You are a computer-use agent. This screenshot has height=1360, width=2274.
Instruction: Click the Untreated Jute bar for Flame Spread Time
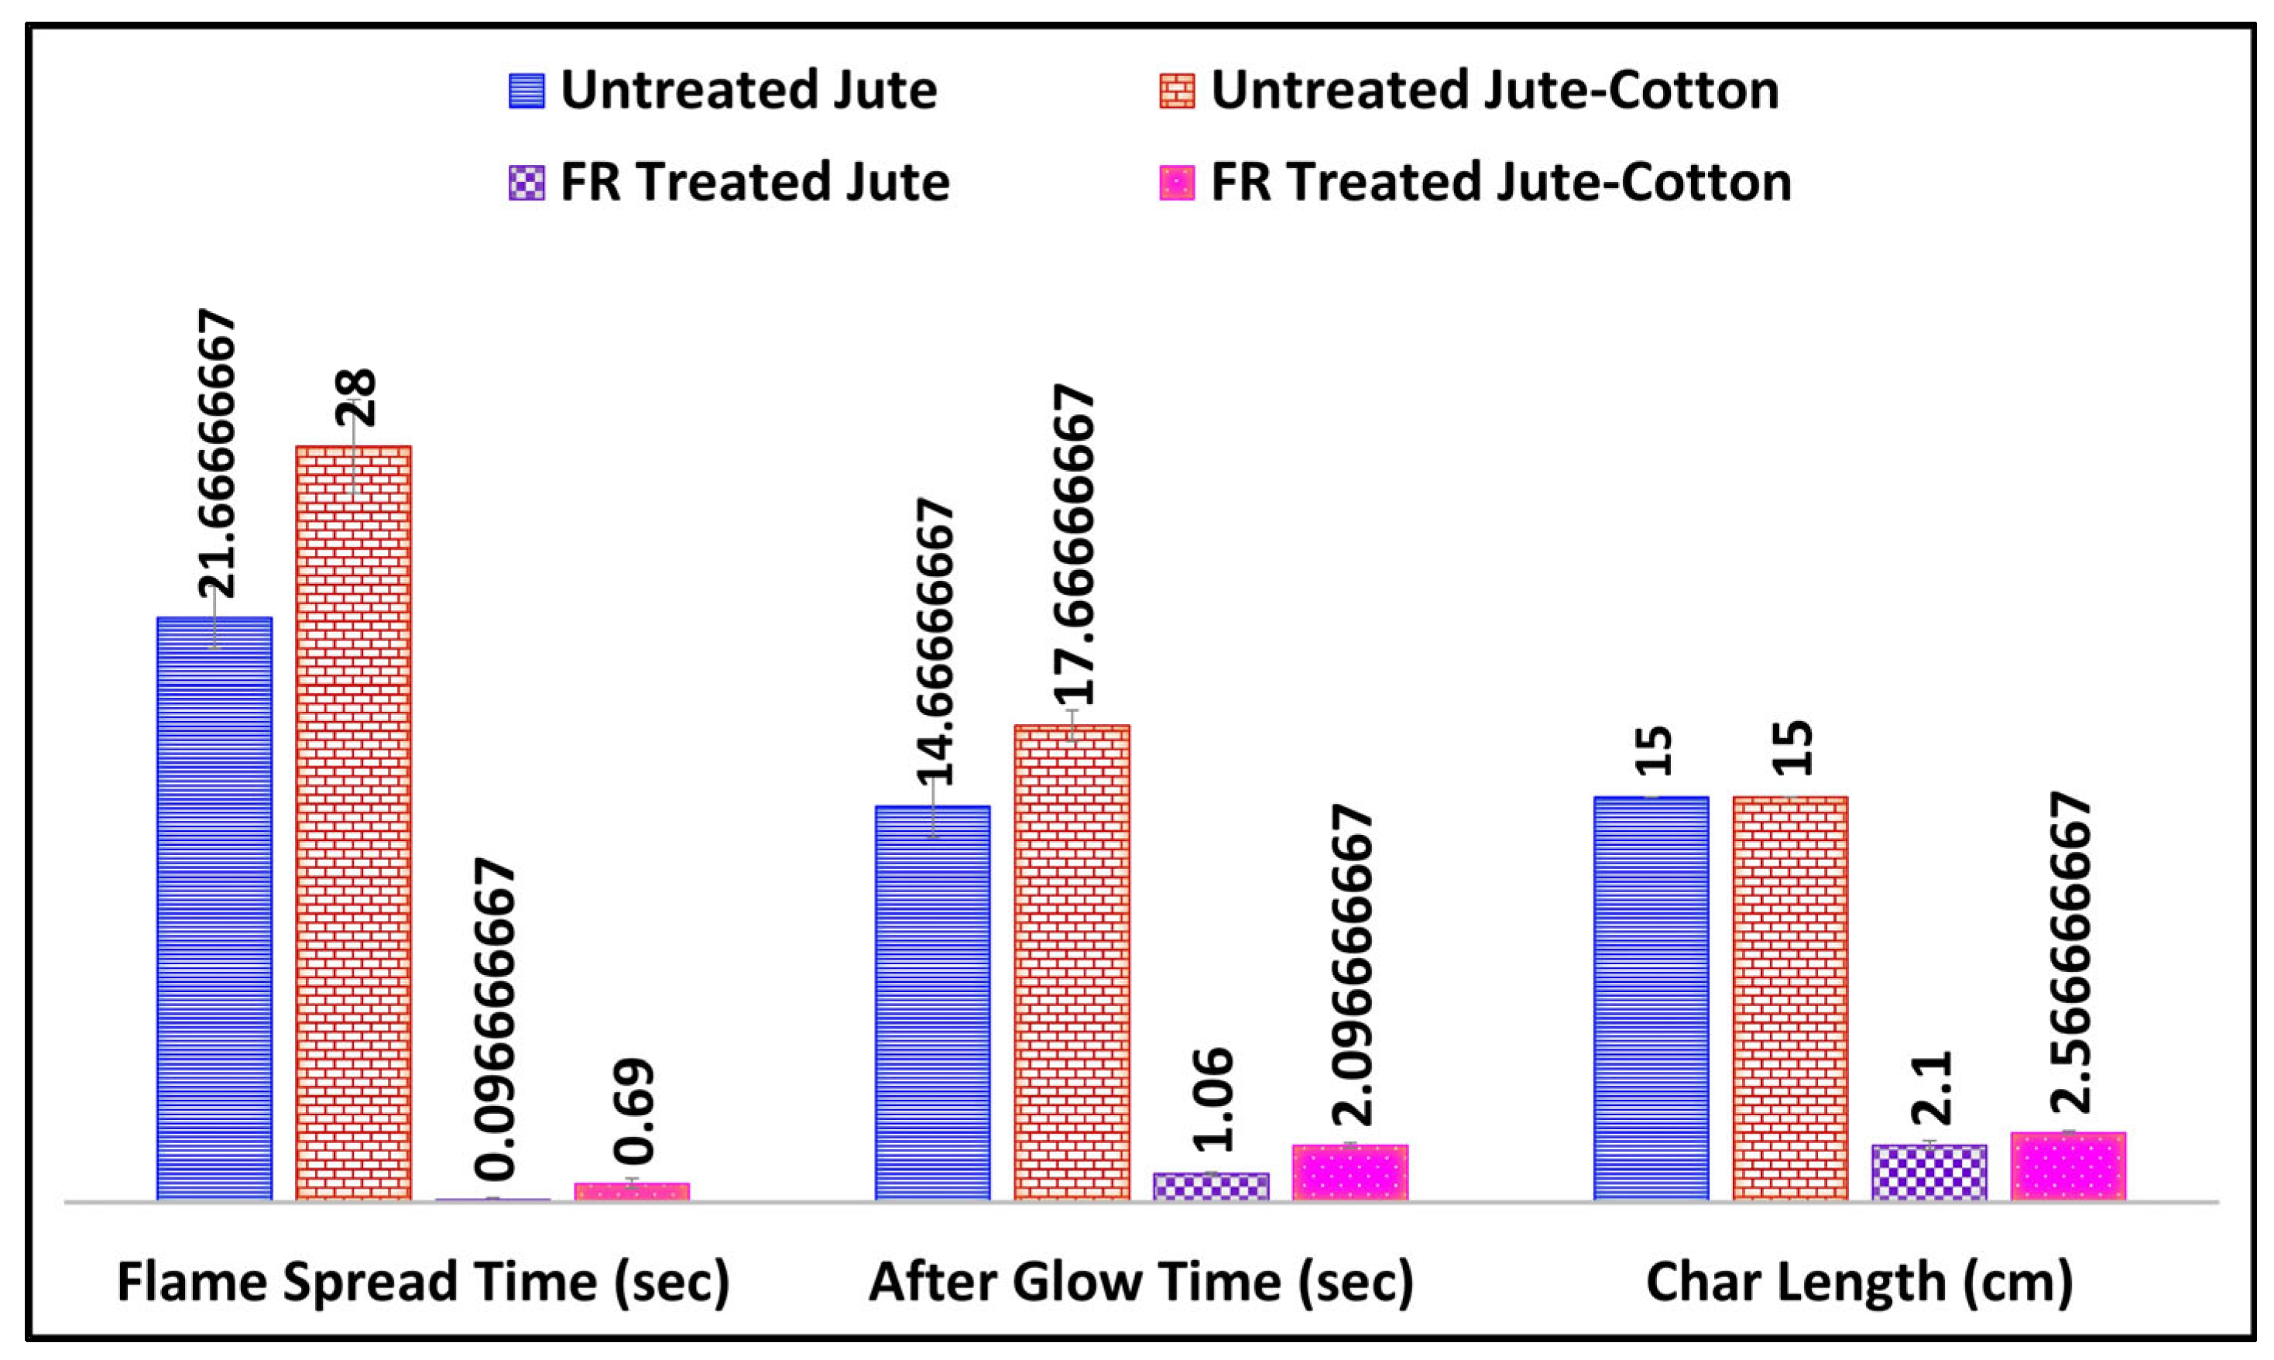(x=214, y=907)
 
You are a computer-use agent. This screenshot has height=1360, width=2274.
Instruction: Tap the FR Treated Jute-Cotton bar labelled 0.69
(x=631, y=1190)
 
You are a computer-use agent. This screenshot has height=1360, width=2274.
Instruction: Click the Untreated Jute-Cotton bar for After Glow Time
(x=1071, y=961)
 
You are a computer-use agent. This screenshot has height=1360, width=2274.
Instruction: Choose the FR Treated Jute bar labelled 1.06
(x=1210, y=1186)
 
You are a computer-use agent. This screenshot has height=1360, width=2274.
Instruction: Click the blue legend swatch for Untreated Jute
(x=526, y=91)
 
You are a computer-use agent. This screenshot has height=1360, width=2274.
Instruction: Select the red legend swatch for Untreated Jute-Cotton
(x=1178, y=91)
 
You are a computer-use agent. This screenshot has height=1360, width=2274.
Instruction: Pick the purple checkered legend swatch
(x=526, y=182)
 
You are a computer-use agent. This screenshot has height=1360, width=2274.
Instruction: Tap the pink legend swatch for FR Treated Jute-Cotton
(x=1178, y=182)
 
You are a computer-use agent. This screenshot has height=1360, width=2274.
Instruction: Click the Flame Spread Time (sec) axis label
(x=424, y=1281)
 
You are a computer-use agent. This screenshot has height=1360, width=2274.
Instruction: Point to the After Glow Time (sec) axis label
(x=1140, y=1281)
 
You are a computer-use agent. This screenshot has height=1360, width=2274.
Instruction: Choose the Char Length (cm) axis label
(x=1859, y=1281)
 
